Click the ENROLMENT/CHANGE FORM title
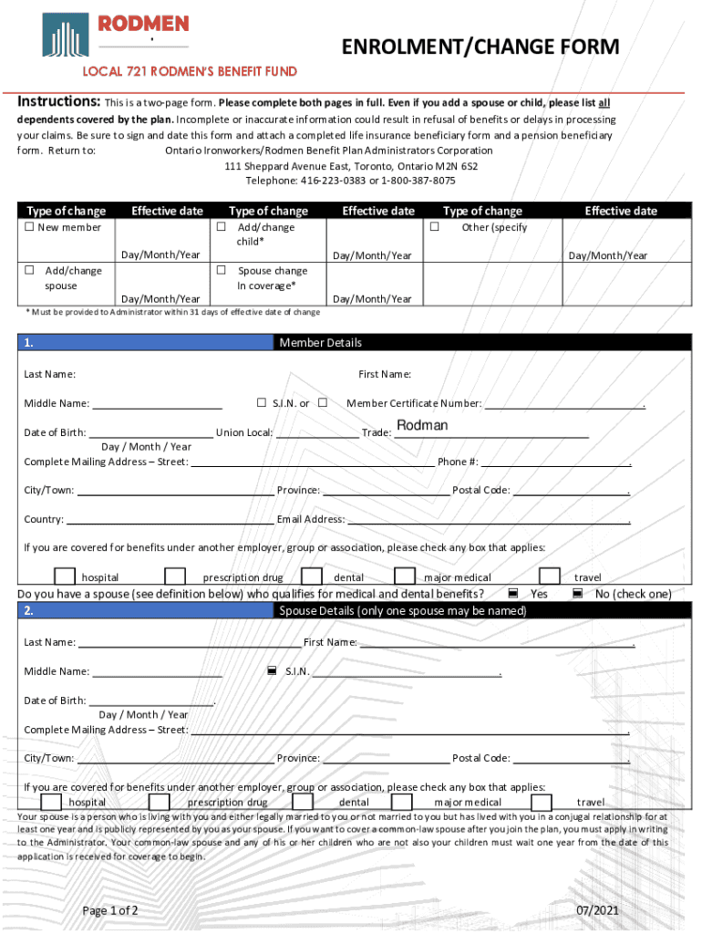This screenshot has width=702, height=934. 480,47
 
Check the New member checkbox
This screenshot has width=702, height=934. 29,227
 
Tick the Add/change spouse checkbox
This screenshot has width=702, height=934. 29,270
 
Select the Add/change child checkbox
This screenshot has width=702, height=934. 221,227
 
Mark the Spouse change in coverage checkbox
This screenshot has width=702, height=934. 221,270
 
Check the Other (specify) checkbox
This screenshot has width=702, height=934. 435,227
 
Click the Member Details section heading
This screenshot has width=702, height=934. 320,343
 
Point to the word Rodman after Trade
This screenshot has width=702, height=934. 422,426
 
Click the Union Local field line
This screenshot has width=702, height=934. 316,433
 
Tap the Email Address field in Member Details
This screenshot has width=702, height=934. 488,520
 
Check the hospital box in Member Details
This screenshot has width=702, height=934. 65,576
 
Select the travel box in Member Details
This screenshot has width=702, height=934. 550,576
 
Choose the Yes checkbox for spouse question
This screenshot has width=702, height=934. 513,594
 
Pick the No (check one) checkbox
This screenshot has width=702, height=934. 578,594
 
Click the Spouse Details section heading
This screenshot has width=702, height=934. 402,610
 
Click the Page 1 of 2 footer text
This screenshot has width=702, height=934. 110,910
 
